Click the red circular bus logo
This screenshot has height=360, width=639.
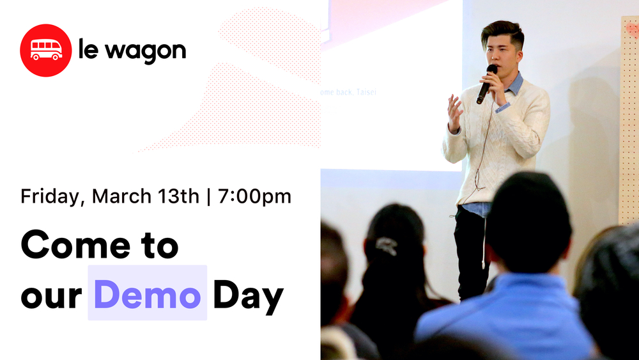45,50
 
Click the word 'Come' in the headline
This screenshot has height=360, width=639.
72,245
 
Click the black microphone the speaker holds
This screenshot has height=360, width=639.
486,83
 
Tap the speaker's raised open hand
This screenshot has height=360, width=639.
454,110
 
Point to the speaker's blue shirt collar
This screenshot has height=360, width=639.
514,84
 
